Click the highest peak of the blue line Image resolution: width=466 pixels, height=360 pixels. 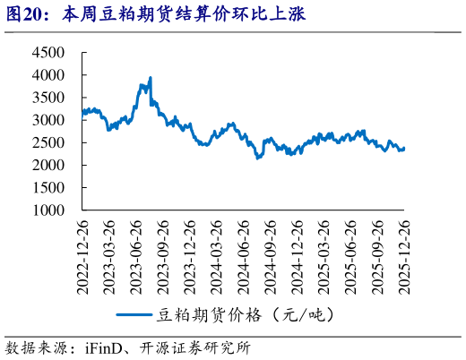[x=150, y=78]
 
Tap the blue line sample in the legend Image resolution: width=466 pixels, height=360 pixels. [x=134, y=314]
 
